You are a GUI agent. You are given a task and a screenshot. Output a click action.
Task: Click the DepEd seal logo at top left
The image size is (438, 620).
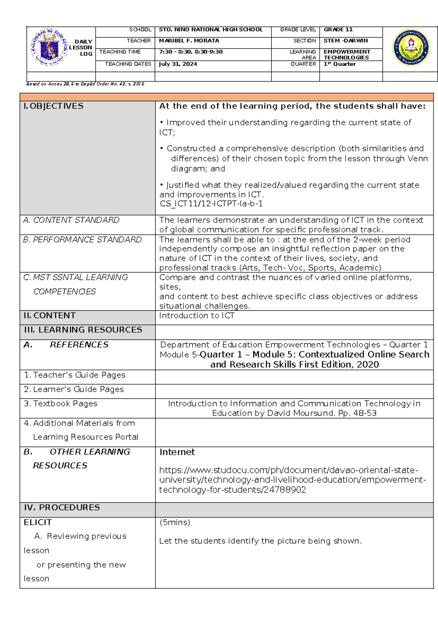(x=49, y=48)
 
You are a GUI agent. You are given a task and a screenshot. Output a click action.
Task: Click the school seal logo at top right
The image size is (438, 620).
(x=411, y=48)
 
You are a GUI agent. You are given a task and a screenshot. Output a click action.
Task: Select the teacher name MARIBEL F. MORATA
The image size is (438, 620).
(x=189, y=41)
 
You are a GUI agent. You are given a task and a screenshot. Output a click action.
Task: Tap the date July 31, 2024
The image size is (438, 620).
(x=178, y=64)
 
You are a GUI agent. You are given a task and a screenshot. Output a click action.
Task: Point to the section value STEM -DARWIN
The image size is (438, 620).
(x=346, y=41)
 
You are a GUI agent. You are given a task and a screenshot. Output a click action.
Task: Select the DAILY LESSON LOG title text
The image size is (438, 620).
(x=81, y=48)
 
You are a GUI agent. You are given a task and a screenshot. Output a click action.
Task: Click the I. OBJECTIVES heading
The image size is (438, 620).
(x=54, y=106)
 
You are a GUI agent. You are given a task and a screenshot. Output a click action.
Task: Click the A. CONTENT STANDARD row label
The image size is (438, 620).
(x=71, y=220)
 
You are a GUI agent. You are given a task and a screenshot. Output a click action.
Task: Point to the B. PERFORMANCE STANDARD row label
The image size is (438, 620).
(x=82, y=239)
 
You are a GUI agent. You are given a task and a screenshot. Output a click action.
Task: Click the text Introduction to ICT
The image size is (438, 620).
(x=197, y=315)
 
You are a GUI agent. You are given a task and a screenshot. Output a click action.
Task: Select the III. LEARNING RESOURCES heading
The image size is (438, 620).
(x=83, y=330)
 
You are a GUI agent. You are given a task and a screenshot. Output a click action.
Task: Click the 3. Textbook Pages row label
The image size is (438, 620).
(x=61, y=404)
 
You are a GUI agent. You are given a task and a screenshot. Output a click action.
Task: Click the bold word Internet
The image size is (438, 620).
(x=177, y=452)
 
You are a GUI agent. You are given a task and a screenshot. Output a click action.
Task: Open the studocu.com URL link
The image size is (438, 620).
(x=292, y=480)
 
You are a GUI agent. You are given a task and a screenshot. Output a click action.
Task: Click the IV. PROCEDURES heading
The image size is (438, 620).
(x=62, y=507)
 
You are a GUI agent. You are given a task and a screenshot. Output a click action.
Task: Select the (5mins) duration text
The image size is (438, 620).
(x=175, y=522)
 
